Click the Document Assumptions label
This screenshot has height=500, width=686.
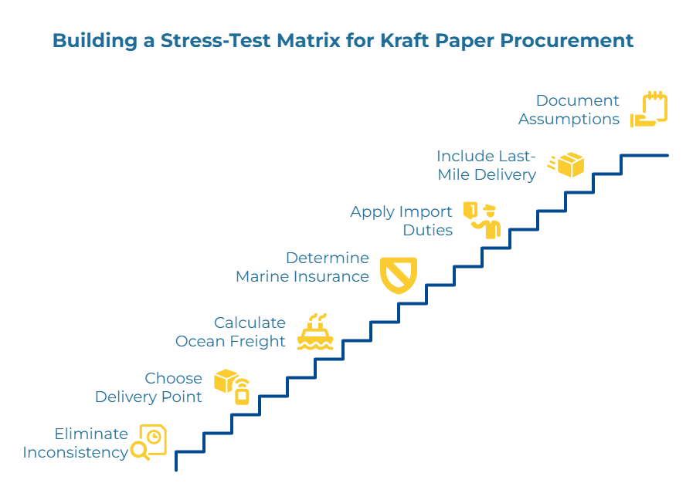[x=569, y=110]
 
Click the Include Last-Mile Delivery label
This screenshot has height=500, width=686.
[x=486, y=165]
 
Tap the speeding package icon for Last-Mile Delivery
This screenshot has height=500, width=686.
[x=566, y=164]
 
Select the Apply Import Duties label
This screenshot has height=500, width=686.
[x=401, y=221]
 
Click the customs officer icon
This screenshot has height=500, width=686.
[x=484, y=220]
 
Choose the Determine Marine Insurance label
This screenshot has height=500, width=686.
[x=303, y=267]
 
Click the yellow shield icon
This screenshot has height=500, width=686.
[x=399, y=275]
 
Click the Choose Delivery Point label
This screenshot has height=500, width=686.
[x=149, y=387]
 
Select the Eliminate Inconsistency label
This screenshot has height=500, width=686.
[x=76, y=443]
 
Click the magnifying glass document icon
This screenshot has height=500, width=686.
[x=148, y=442]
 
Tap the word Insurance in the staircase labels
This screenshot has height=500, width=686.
[x=336, y=276]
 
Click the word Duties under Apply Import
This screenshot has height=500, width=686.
[x=427, y=230]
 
